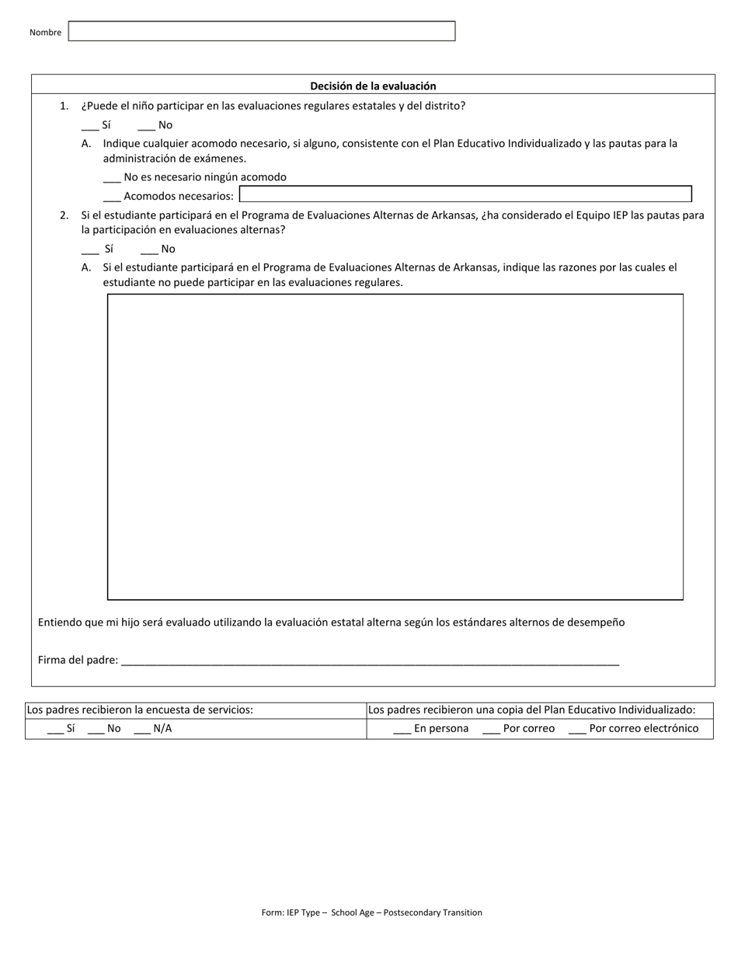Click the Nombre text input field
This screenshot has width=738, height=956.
click(x=262, y=31)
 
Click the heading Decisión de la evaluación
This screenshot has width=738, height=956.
click(x=373, y=86)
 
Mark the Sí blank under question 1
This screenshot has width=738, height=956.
click(x=90, y=125)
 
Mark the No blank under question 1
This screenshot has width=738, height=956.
click(x=147, y=125)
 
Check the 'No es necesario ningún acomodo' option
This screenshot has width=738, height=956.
click(x=112, y=177)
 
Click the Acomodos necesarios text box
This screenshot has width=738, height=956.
click(x=465, y=194)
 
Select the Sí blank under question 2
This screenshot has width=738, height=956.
click(x=90, y=249)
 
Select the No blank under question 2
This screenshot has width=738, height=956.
click(x=149, y=249)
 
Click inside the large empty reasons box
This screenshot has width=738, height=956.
click(x=395, y=447)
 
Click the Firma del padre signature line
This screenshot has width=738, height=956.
click(x=370, y=661)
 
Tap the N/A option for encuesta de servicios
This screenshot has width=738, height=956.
click(x=143, y=729)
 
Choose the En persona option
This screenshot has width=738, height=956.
click(x=402, y=729)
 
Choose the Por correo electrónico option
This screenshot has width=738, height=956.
click(x=577, y=729)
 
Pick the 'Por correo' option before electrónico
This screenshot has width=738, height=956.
click(x=491, y=729)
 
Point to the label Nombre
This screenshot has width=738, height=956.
click(x=45, y=33)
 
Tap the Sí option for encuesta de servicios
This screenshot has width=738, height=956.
click(x=55, y=729)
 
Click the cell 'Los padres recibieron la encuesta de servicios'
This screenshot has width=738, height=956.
click(x=140, y=710)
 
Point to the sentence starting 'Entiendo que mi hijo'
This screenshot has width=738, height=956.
click(x=331, y=623)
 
